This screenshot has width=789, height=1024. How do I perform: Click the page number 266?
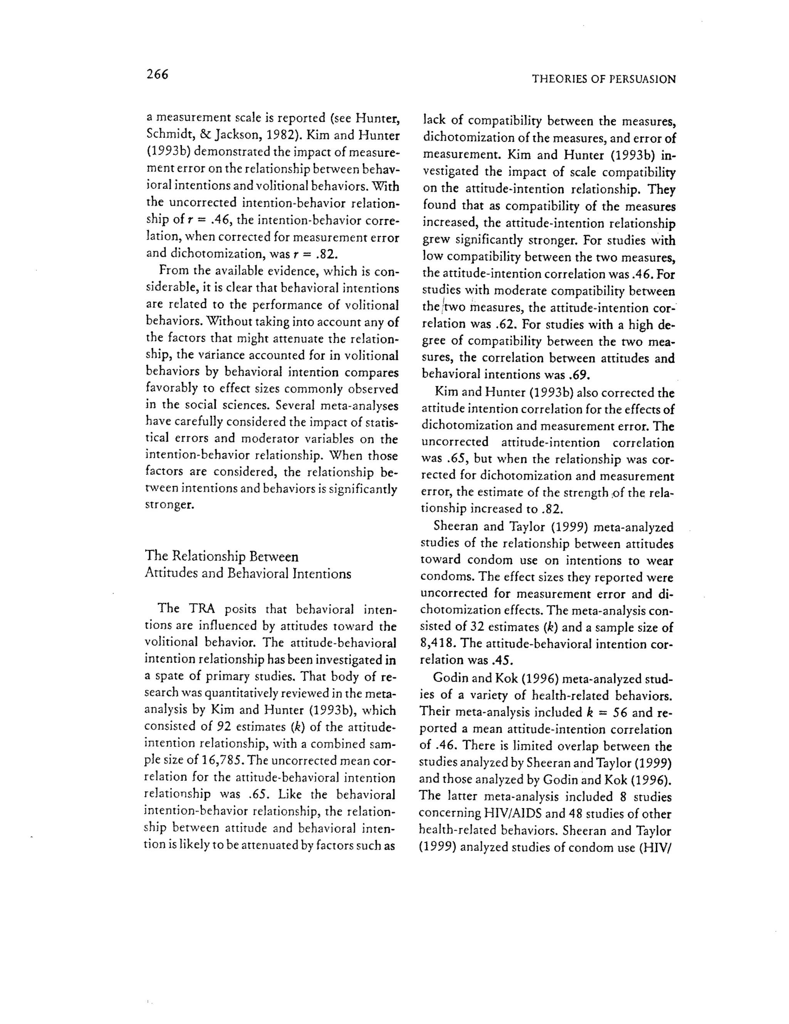coord(157,74)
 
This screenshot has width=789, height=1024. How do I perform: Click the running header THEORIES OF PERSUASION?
coord(604,79)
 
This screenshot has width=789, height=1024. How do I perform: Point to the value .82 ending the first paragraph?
coord(326,254)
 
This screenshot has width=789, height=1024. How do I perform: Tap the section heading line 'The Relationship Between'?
coord(222,556)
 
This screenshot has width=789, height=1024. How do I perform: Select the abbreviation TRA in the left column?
coord(201,609)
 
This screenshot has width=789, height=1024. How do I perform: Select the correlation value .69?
coord(578,375)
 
